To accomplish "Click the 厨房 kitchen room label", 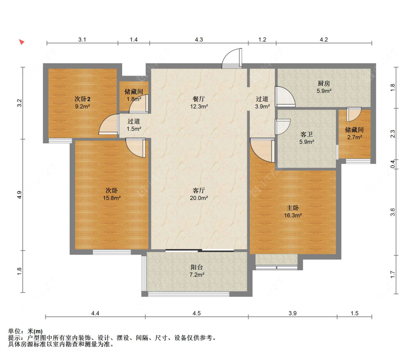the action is [324, 84].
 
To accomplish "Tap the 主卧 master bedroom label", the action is [293, 208].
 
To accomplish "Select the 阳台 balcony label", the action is [197, 267].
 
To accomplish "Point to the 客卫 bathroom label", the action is [307, 135].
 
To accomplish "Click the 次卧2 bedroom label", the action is [82, 99].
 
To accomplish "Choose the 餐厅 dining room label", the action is [199, 99].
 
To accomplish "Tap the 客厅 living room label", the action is [199, 191].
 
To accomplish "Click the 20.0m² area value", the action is [199, 198].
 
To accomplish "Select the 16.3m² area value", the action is [293, 216].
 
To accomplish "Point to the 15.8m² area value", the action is [112, 198].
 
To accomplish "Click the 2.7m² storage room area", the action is [355, 137].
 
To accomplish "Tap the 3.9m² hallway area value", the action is [262, 106].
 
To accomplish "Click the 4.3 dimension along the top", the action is [199, 40].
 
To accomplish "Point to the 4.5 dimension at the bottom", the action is [197, 313].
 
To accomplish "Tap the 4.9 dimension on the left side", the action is [19, 195].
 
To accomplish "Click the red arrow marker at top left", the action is [22, 42].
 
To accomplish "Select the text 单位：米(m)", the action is [25, 331].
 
